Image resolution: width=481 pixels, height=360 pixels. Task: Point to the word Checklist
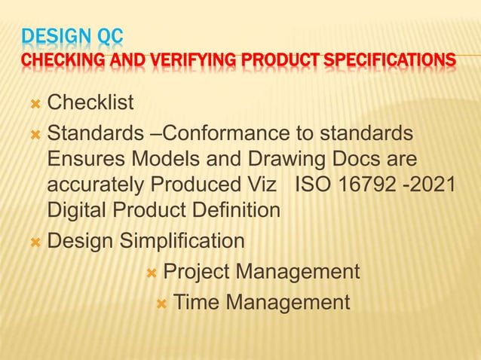point(90,102)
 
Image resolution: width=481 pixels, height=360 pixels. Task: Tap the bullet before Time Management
point(161,303)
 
